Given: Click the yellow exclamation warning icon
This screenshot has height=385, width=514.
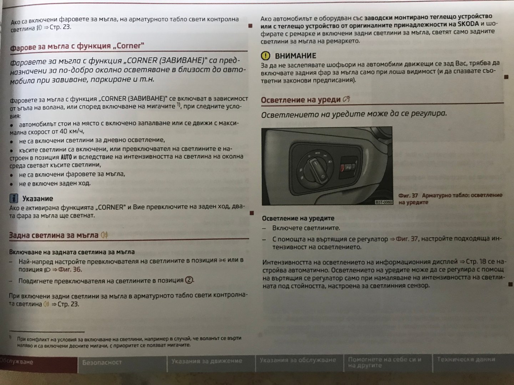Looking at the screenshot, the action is [x=265, y=56].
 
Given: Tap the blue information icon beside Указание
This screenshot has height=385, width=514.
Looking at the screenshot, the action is [x=14, y=199].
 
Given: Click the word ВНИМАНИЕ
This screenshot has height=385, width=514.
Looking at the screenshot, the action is [x=295, y=56].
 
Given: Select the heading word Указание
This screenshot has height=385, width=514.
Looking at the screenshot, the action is [x=37, y=199].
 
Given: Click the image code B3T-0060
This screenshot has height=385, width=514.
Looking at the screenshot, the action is [x=384, y=202].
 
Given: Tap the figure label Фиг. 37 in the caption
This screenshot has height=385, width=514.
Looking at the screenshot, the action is [x=408, y=195].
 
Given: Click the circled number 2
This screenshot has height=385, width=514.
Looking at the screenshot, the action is [x=189, y=280].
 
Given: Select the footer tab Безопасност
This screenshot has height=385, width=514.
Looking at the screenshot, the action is [x=102, y=362].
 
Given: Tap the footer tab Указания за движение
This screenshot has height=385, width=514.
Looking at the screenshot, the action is [x=207, y=361].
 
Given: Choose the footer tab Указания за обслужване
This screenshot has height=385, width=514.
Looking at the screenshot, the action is [x=298, y=360].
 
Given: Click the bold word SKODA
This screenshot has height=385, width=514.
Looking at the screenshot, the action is [x=468, y=24].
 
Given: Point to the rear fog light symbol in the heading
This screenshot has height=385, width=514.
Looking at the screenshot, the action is [x=105, y=235].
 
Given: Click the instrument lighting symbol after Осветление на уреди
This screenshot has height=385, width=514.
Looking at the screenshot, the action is [x=346, y=99].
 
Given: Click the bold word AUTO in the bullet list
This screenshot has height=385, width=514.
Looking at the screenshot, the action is [x=66, y=157].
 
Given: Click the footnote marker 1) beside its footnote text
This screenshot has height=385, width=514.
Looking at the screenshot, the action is [x=10, y=337].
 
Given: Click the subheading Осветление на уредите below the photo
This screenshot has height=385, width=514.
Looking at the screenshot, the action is [x=298, y=218].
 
